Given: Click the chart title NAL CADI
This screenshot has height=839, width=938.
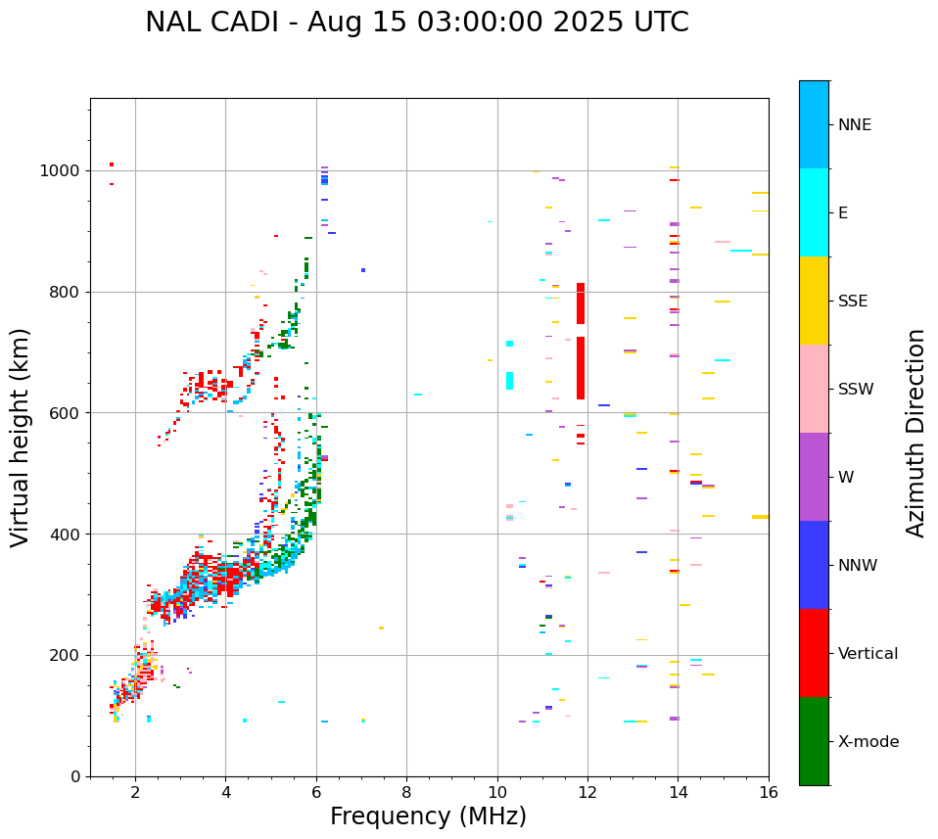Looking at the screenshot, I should click(x=416, y=23).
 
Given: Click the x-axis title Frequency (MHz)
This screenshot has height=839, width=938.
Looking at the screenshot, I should click(x=428, y=816).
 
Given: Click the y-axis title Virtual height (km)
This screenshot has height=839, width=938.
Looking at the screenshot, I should click(x=21, y=438).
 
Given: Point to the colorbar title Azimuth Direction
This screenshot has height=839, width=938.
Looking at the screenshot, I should click(x=915, y=433).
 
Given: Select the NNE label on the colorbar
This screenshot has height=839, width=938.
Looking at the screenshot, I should click(x=854, y=125).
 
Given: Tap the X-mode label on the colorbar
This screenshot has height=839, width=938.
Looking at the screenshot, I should click(x=868, y=742).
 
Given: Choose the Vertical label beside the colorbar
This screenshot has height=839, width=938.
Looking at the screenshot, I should click(x=868, y=654).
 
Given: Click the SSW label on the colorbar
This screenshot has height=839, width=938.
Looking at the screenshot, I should click(x=856, y=390).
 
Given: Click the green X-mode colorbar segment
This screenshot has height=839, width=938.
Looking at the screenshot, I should click(x=814, y=741).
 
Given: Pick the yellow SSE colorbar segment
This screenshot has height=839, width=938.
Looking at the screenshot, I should click(x=814, y=301).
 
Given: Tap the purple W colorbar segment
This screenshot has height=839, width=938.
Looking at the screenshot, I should click(x=814, y=477).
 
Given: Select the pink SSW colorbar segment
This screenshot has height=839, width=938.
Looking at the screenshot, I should click(x=814, y=389).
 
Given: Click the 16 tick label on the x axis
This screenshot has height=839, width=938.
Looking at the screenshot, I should click(x=769, y=793).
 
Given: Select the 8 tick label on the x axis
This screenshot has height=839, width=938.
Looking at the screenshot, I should click(x=406, y=793).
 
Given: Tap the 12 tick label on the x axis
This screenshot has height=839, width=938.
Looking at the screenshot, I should click(x=587, y=793).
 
